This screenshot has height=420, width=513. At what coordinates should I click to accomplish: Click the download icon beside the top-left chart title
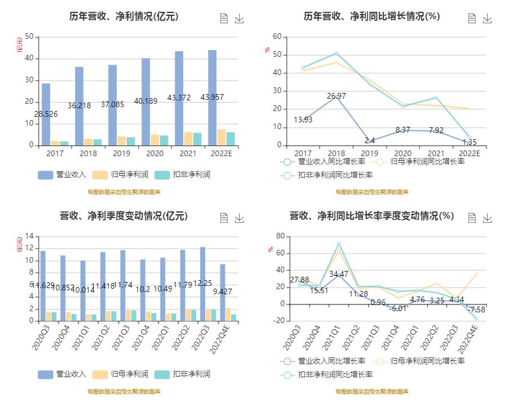240,19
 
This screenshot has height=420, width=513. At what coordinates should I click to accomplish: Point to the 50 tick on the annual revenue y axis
29,37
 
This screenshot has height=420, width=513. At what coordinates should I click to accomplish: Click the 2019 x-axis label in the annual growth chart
369,153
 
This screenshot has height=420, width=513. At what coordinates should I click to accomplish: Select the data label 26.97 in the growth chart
336,96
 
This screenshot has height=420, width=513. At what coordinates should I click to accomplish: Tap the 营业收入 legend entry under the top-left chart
62,175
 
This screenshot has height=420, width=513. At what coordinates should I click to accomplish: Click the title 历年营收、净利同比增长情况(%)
372,17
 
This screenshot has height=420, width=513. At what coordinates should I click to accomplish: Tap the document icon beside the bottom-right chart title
472,218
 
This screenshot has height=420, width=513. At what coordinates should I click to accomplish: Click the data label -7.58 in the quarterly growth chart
476,310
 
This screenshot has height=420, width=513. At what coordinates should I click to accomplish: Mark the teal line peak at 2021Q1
339,244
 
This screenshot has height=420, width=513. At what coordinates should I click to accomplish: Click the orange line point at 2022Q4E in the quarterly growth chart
476,275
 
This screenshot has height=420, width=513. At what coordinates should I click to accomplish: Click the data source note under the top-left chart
124,192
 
